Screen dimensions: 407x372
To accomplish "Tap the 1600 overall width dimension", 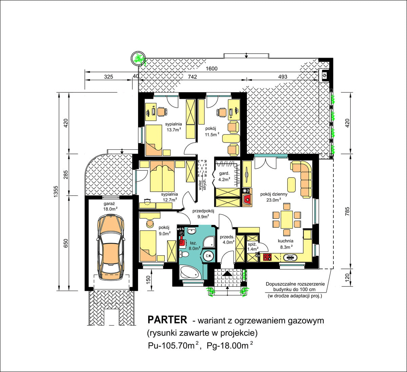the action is tap(212, 69).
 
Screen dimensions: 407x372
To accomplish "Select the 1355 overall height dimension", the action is tap(56, 191).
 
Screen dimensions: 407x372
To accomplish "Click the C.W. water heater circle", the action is tap(209, 256).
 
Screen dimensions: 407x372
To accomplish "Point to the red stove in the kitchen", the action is tap(267, 257).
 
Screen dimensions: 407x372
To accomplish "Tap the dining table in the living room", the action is tap(287, 220).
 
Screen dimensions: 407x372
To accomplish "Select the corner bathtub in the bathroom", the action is tap(190, 273).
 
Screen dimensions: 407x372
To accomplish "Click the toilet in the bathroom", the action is tap(183, 254).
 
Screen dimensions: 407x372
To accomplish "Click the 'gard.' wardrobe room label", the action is tap(224, 173).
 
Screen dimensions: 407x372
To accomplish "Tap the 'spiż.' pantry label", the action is tap(253, 244).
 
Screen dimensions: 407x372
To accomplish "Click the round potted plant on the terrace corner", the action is tap(138, 58).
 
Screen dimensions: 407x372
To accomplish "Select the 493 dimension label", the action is tap(283, 77).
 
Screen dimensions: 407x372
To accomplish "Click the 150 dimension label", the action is tap(148, 280).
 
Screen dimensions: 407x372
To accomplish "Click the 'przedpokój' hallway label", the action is tap(203, 211).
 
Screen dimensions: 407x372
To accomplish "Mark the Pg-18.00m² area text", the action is tap(230, 346).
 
